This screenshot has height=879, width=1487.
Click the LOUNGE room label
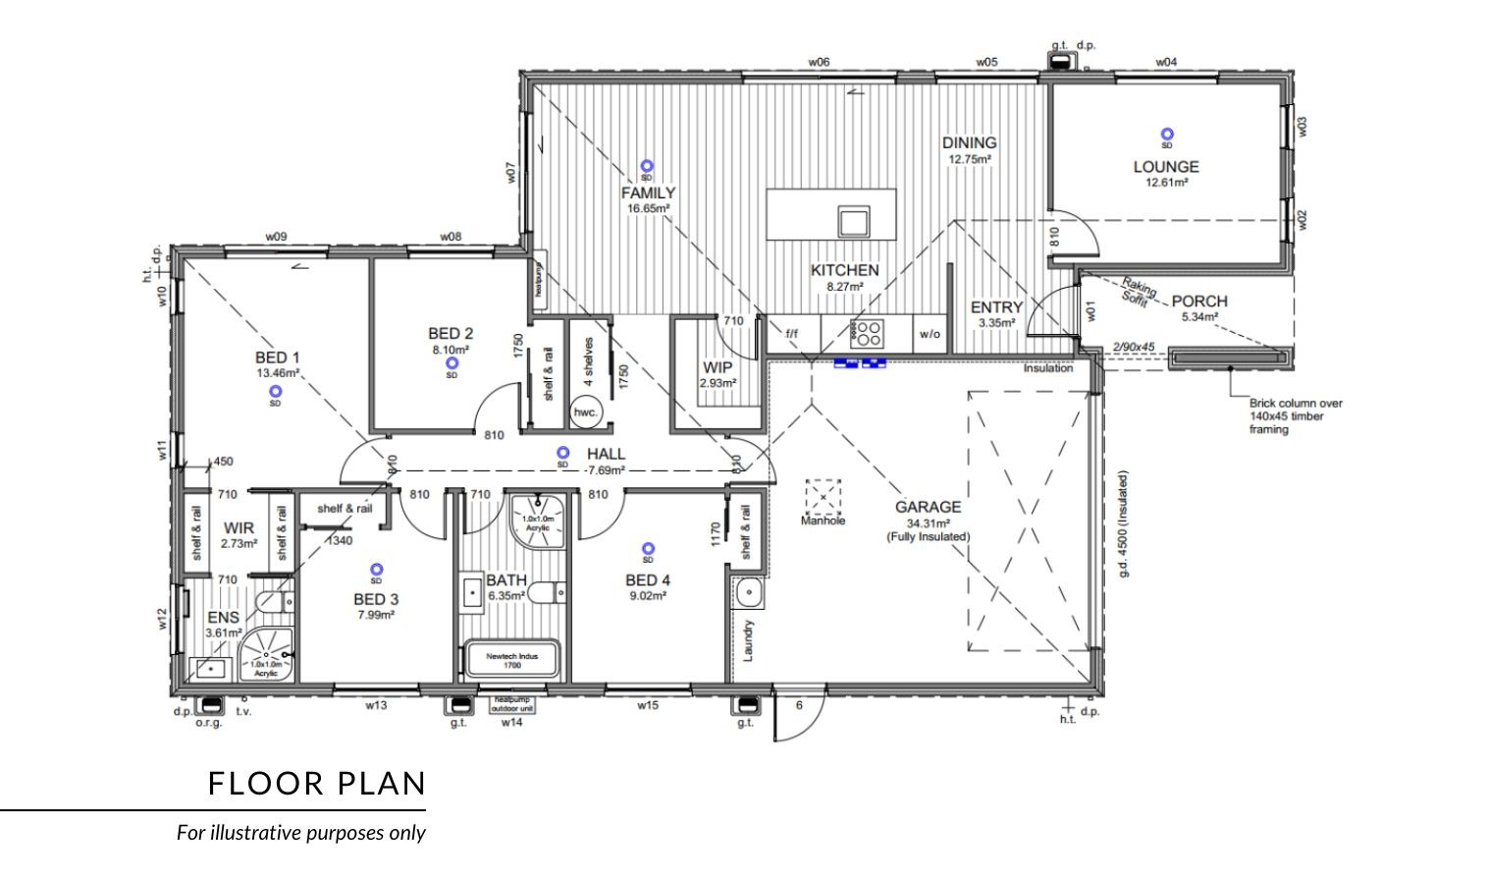(1166, 167)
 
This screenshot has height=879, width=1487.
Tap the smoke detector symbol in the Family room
(646, 167)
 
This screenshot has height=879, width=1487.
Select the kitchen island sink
(852, 221)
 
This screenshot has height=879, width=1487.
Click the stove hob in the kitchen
(867, 334)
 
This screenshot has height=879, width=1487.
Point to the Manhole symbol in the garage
(823, 496)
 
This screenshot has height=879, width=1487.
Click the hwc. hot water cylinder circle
(585, 412)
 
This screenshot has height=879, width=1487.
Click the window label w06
(819, 62)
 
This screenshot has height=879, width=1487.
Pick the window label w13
(376, 705)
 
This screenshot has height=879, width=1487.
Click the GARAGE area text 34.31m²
(927, 522)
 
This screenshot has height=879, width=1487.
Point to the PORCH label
(1198, 301)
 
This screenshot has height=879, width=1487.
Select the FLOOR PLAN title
(317, 784)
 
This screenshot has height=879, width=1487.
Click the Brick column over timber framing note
(1295, 416)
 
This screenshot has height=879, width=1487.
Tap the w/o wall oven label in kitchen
(929, 334)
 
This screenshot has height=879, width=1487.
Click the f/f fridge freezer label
(791, 334)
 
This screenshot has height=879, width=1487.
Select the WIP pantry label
(717, 368)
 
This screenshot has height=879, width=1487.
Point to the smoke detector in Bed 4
(647, 549)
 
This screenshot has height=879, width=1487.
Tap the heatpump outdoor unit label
(512, 704)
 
